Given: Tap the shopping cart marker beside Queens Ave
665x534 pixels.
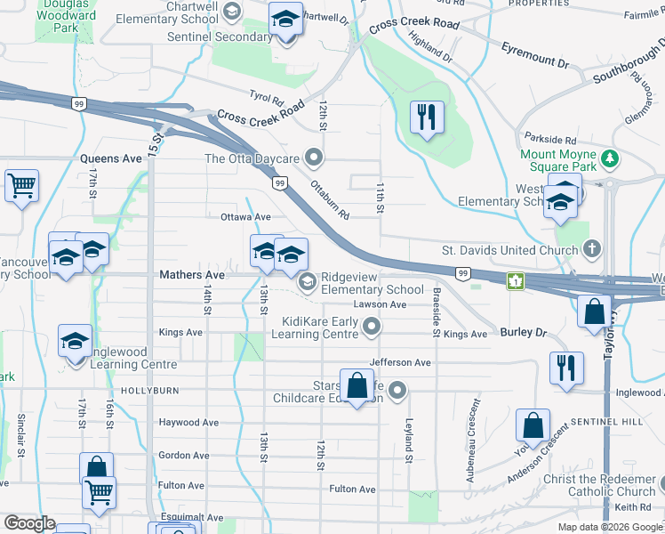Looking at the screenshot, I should (x=21, y=186).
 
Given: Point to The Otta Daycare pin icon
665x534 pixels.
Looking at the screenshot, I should (x=312, y=158).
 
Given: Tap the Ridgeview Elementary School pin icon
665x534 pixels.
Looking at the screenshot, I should (x=308, y=282).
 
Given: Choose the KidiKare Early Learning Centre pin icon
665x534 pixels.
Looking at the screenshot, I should (x=372, y=328).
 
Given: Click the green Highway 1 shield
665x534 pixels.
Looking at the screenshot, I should (x=513, y=282).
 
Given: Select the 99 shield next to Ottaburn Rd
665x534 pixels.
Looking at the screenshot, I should (x=280, y=183).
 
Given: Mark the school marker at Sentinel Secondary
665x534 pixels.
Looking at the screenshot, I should (x=286, y=20).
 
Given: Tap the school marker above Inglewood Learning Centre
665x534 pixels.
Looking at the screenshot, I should (x=76, y=341).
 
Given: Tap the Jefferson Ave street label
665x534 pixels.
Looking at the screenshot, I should (x=400, y=363).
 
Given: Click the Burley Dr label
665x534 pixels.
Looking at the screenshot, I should (x=521, y=332).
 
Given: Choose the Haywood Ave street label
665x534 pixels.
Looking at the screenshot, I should (x=188, y=423).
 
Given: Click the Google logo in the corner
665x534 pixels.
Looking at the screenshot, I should (x=29, y=523).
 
